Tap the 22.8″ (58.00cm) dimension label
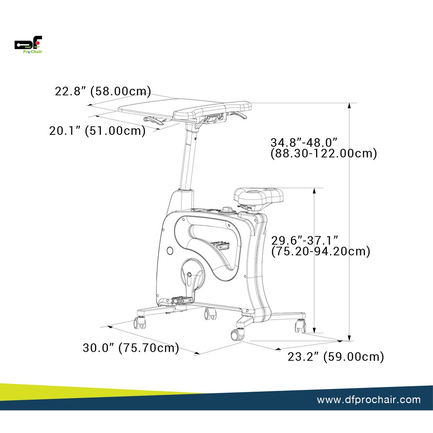(x=103, y=91)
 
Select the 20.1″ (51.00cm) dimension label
(x=97, y=131)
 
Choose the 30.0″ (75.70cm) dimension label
(x=131, y=348)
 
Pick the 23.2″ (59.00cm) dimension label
(x=336, y=357)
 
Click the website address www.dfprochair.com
(x=369, y=400)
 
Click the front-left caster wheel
(x=140, y=323)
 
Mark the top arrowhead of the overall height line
(x=349, y=106)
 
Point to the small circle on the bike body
(x=170, y=251)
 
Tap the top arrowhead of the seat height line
(x=315, y=191)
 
